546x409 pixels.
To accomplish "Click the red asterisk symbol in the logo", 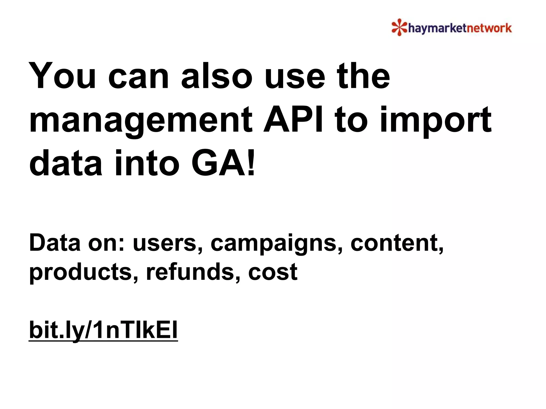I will [x=399, y=27].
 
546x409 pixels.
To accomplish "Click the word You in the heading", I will [x=62, y=76].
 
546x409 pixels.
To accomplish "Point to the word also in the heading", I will [x=216, y=76].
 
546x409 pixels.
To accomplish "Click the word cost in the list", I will [x=272, y=272].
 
